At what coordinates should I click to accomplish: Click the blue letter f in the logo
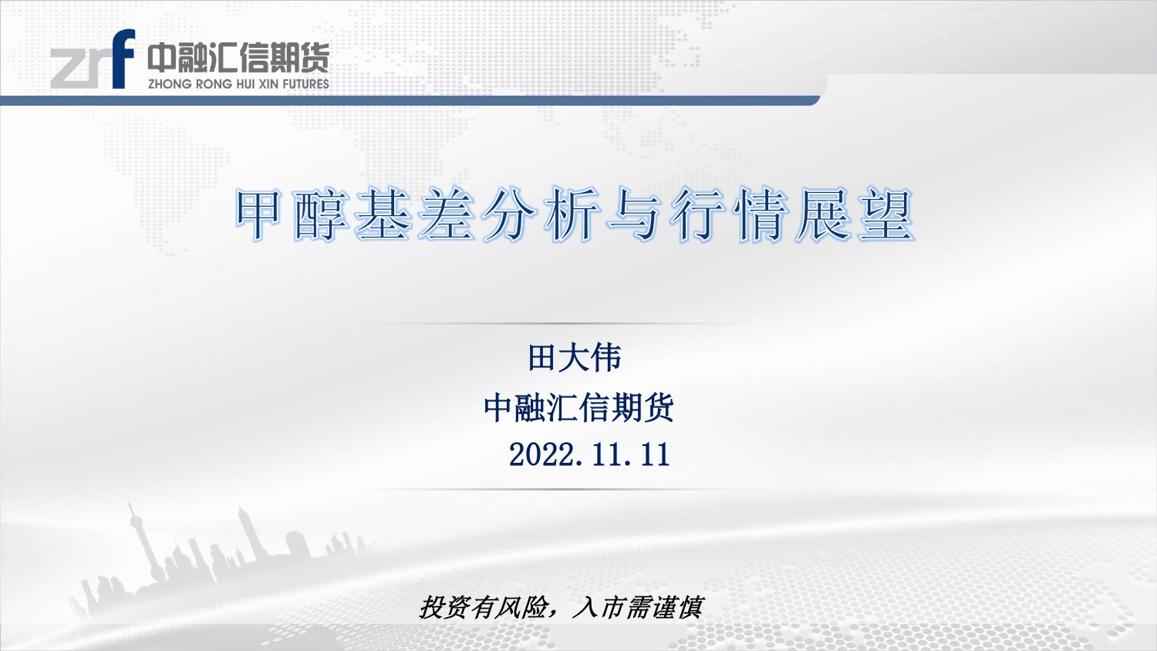click(x=123, y=59)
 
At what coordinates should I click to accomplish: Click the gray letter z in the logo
click(x=66, y=68)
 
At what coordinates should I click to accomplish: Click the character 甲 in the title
click(x=258, y=215)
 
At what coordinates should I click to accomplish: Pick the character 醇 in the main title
click(x=320, y=215)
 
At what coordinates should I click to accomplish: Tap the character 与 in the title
click(x=634, y=215)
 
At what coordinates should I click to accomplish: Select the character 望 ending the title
click(x=886, y=215)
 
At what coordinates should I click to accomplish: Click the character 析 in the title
click(x=572, y=215)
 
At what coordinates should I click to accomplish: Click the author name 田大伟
click(x=575, y=358)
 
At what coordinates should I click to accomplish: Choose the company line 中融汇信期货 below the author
click(x=579, y=407)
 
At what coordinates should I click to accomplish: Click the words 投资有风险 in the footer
click(x=483, y=607)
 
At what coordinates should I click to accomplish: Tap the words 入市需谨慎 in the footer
click(x=639, y=607)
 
